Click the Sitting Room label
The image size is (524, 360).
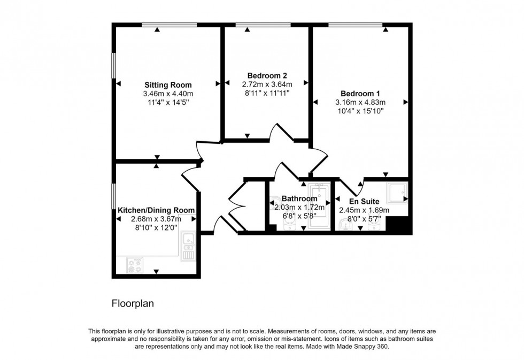click(x=168, y=85)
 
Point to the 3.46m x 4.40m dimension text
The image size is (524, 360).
click(x=168, y=94)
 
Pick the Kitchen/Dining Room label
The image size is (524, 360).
click(x=156, y=210)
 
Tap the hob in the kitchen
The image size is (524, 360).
click(x=135, y=265)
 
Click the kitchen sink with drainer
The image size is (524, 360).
click(x=188, y=246)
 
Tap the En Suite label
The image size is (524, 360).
click(x=364, y=201)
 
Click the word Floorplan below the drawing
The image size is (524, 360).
click(x=133, y=304)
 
